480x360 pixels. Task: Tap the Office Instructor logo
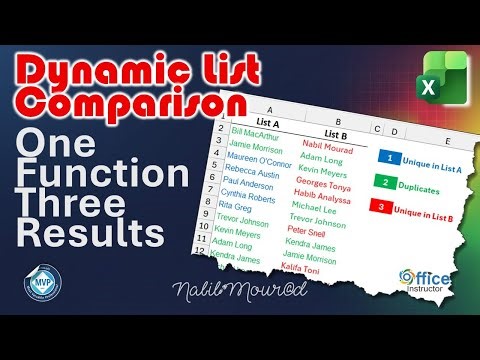coord(425,283)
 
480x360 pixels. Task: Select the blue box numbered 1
coord(386,156)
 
